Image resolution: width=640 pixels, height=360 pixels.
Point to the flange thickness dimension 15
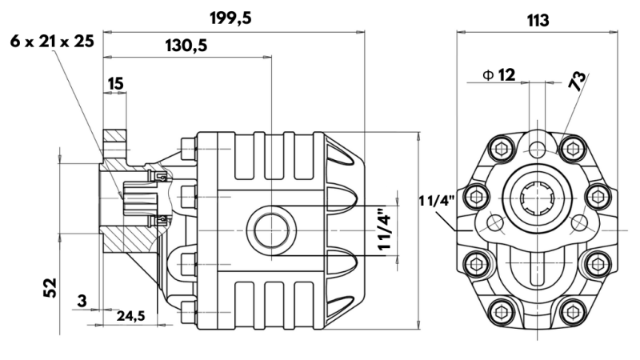click(x=115, y=82)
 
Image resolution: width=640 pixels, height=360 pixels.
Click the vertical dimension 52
click(x=50, y=286)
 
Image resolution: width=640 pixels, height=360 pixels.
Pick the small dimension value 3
click(x=82, y=301)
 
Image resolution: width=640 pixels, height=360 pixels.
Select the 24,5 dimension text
click(x=130, y=316)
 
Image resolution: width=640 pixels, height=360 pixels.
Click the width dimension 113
click(x=537, y=20)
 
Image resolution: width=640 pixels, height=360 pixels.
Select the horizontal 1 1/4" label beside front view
click(x=437, y=200)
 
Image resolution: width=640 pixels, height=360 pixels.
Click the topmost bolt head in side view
click(x=189, y=148)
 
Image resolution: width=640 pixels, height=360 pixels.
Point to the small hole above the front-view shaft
click(x=537, y=148)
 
